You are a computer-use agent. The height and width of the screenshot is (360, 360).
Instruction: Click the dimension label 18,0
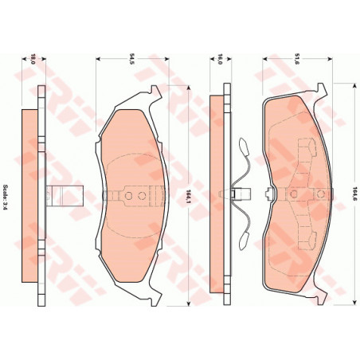[x=33, y=58]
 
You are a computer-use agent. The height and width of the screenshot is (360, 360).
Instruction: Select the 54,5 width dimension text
[x=131, y=58]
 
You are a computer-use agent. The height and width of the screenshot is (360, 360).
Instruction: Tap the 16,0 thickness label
[x=220, y=58]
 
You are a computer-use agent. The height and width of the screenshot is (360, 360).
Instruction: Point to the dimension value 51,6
[x=295, y=58]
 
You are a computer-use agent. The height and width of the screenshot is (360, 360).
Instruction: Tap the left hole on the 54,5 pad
[x=128, y=196]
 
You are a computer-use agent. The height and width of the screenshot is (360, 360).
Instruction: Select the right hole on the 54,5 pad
[x=142, y=196]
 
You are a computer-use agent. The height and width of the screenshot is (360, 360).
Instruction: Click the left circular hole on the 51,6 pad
[x=294, y=194]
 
